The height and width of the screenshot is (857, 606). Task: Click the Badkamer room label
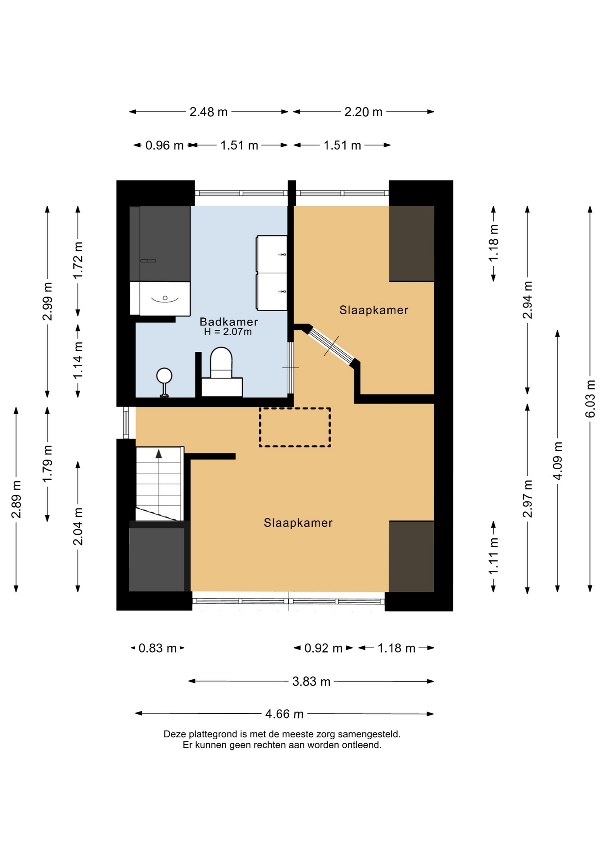coord(228,322)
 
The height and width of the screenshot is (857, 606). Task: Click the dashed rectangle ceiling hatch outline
coord(295,427)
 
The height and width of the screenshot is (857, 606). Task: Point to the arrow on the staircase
coord(158,453)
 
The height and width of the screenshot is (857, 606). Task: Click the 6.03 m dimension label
coord(590,399)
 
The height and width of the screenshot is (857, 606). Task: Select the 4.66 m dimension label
coord(284,714)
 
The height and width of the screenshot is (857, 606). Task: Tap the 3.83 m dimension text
coord(311,681)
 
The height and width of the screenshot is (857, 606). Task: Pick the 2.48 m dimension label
coord(208,112)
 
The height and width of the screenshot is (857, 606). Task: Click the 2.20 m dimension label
coord(363,112)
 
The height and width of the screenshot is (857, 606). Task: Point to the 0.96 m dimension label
coord(164,145)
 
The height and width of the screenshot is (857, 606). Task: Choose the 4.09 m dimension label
coord(557,461)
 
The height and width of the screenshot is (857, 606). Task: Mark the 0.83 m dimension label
coord(158,648)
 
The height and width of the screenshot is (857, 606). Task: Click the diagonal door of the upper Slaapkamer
coord(332,345)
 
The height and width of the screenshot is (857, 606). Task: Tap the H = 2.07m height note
coord(228,332)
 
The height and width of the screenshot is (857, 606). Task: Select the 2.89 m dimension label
coord(16,499)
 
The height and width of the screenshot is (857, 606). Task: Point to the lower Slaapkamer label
coord(298,523)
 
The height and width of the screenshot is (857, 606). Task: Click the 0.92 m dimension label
coord(323,648)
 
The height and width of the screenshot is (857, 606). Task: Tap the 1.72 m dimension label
coord(78,261)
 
